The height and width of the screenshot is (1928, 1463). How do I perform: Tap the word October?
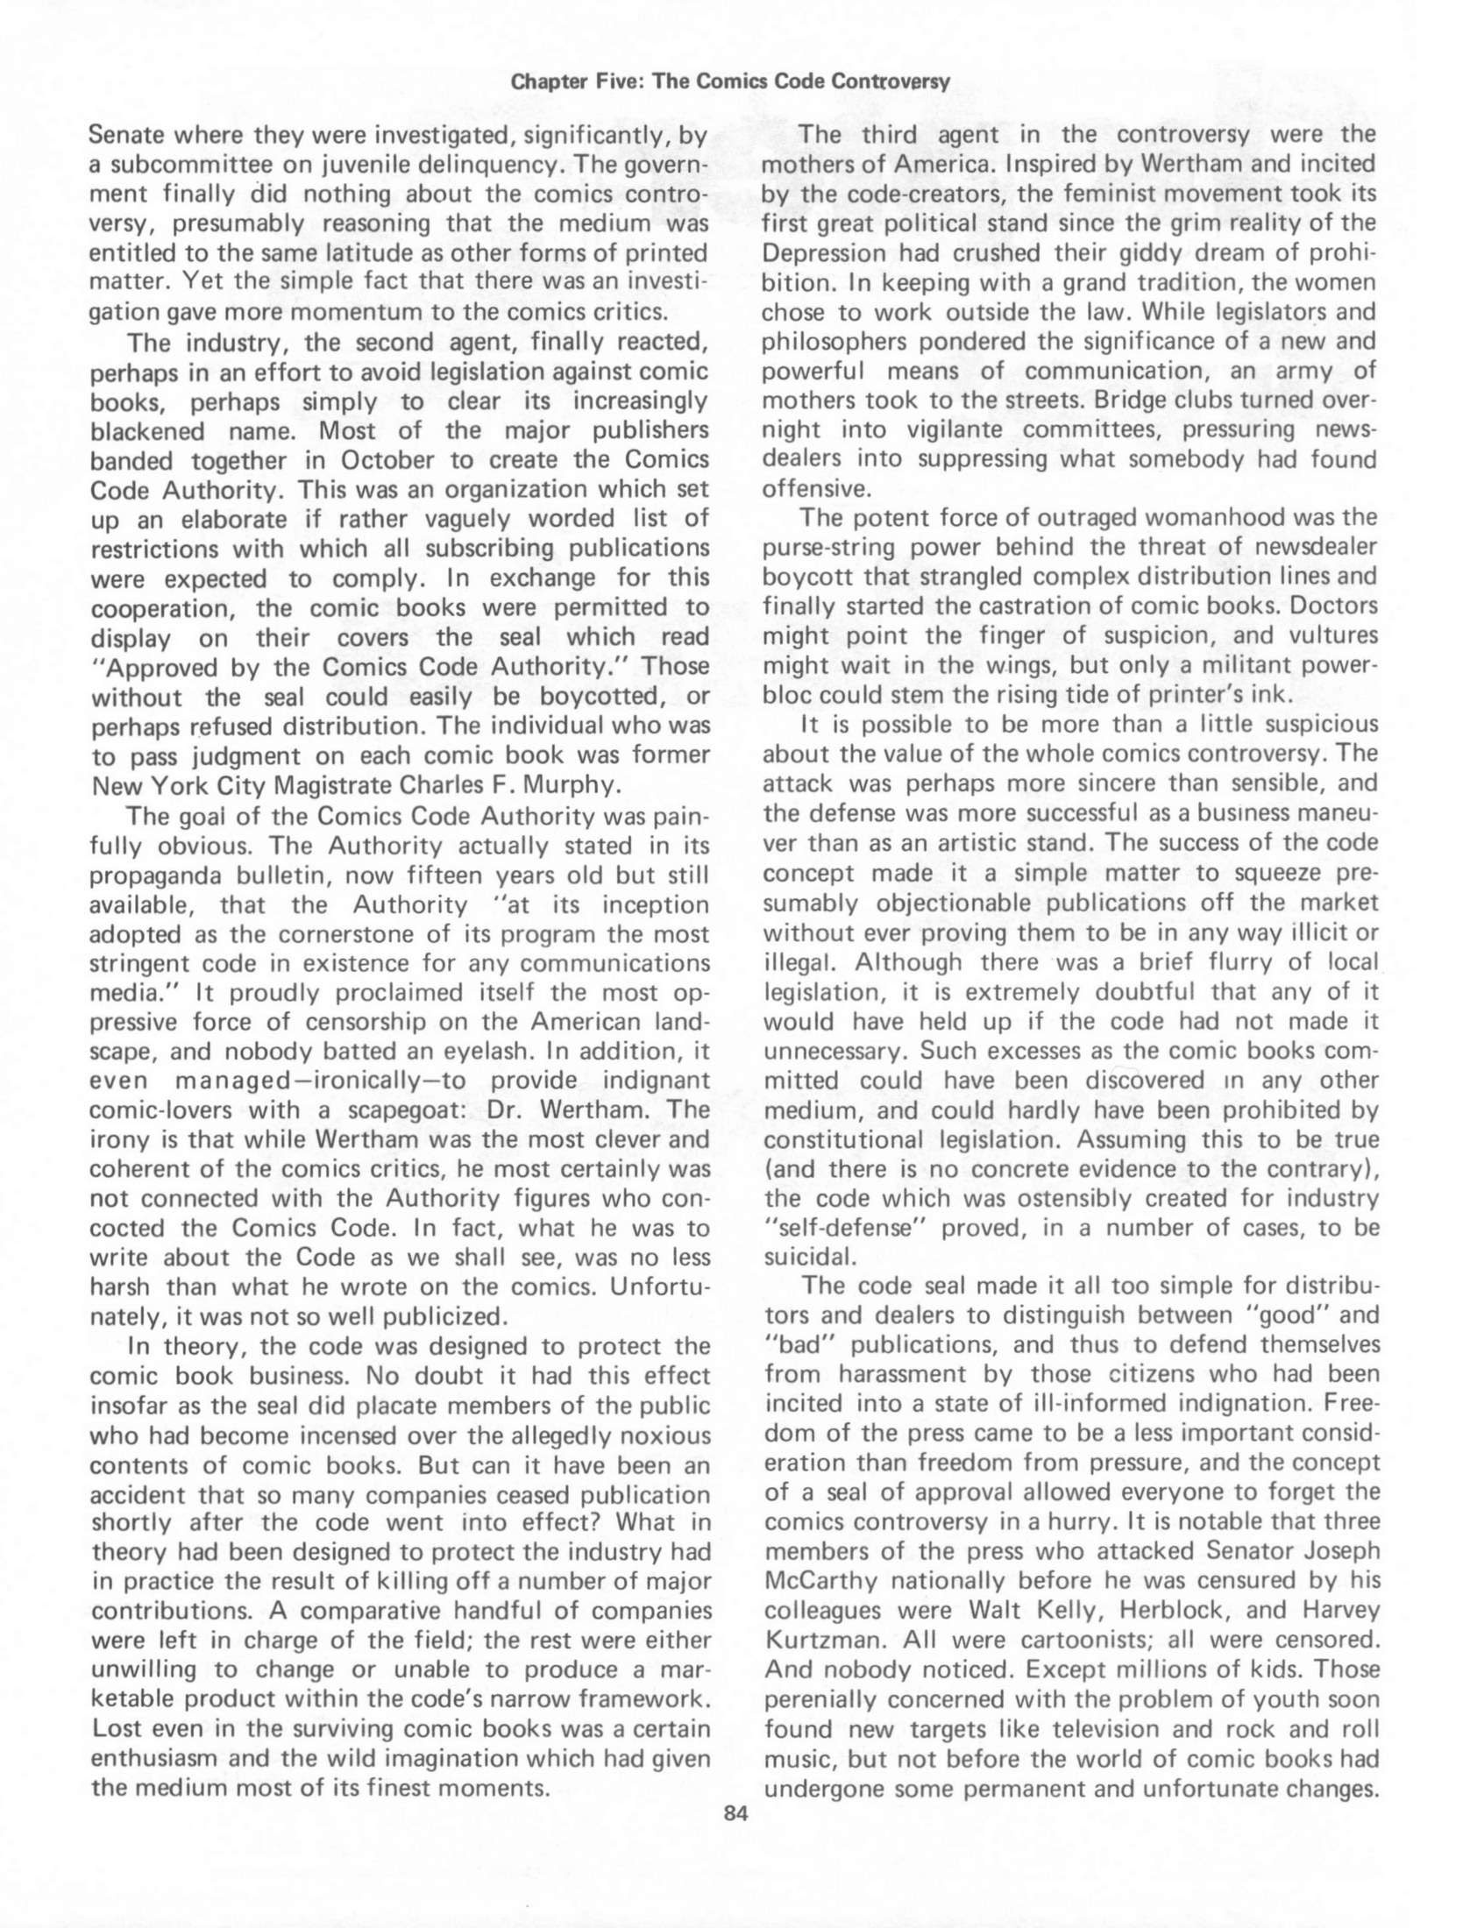pos(388,460)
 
